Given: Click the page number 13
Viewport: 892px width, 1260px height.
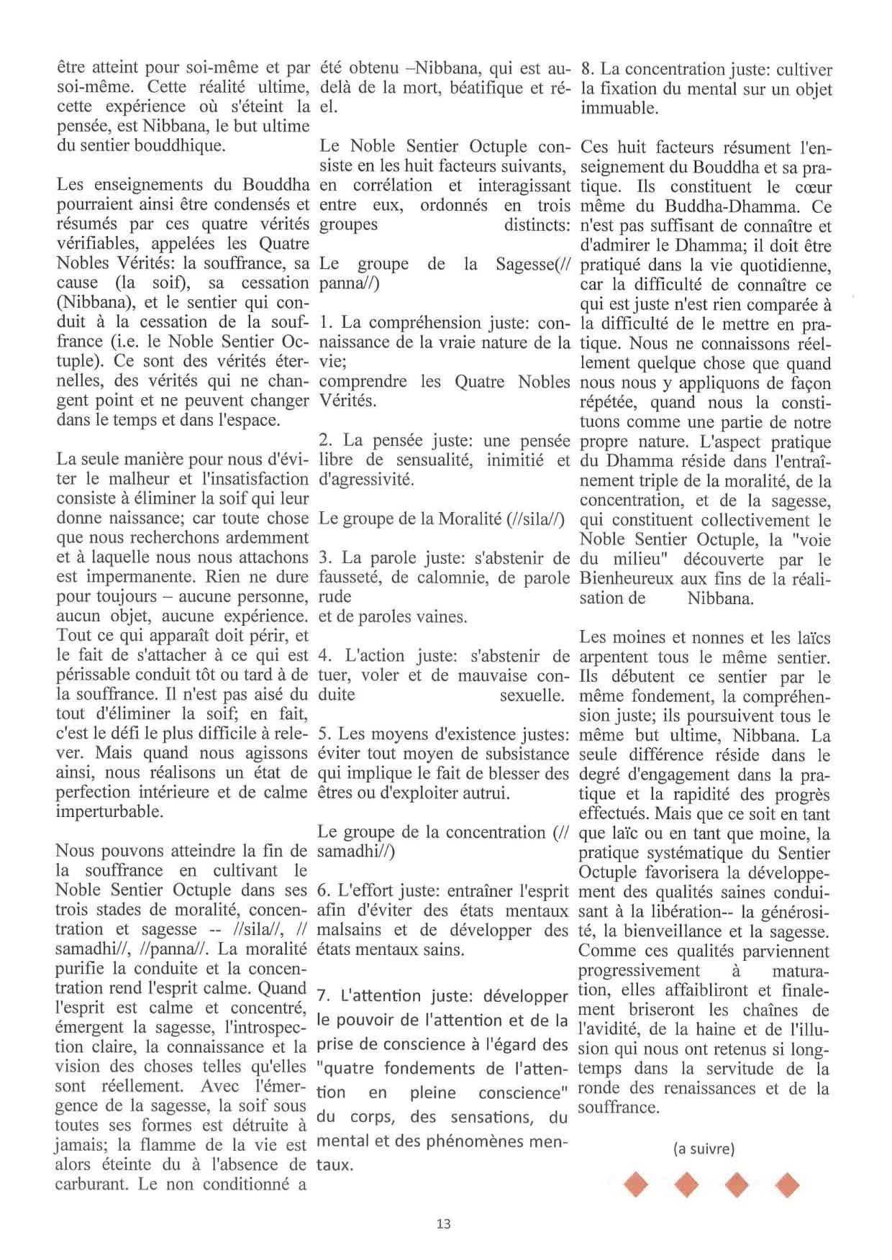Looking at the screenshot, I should pos(443,1223).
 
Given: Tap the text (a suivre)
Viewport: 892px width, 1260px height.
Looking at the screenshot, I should pos(704,1149).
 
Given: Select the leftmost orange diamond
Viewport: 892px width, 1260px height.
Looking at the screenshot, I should pos(636,1184).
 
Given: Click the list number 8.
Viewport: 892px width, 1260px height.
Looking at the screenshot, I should pos(587,70).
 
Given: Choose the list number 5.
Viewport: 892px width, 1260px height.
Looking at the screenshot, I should pos(324,734).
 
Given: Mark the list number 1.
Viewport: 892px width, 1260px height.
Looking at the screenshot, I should pos(324,323).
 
